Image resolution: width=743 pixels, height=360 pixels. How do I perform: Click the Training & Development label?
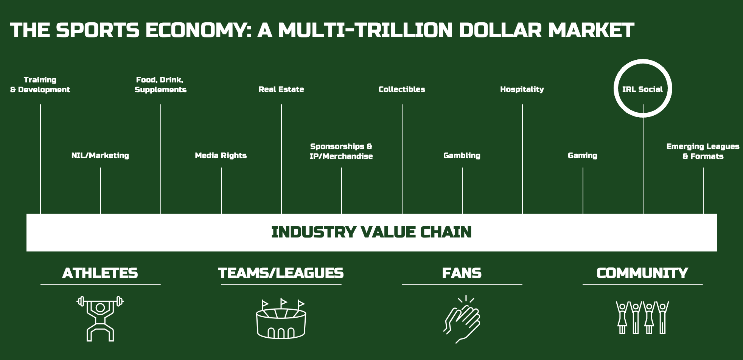pyautogui.click(x=40, y=85)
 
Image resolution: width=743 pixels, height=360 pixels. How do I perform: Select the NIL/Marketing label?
pyautogui.click(x=100, y=155)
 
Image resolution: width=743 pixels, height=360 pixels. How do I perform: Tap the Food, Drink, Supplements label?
pyautogui.click(x=160, y=85)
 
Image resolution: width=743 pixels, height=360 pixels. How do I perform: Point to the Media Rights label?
pyautogui.click(x=221, y=155)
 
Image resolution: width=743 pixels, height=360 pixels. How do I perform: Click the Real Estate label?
pyautogui.click(x=281, y=89)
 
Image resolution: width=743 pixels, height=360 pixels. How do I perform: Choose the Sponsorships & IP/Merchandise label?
pyautogui.click(x=341, y=151)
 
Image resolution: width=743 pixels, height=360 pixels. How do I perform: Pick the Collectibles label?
pyautogui.click(x=402, y=89)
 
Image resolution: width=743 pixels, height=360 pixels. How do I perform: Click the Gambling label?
pyautogui.click(x=462, y=155)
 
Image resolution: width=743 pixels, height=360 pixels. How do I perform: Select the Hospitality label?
pyautogui.click(x=522, y=89)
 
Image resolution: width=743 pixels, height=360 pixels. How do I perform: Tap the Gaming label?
pyautogui.click(x=583, y=155)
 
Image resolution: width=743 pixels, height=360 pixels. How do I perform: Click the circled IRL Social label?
pyautogui.click(x=642, y=89)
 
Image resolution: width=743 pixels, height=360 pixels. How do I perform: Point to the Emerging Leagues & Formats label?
pyautogui.click(x=703, y=151)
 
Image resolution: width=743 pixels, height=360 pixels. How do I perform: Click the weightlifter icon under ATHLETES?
pyautogui.click(x=100, y=318)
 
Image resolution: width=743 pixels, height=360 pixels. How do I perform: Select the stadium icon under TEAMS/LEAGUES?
pyautogui.click(x=281, y=319)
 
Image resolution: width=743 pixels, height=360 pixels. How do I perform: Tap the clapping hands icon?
pyautogui.click(x=462, y=320)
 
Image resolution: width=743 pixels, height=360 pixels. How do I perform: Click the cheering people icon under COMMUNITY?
pyautogui.click(x=642, y=317)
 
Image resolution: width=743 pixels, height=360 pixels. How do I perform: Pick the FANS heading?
pyautogui.click(x=462, y=273)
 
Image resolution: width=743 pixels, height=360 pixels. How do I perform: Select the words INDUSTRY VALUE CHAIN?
pyautogui.click(x=371, y=232)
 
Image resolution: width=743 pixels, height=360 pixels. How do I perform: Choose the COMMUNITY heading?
pyautogui.click(x=642, y=273)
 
